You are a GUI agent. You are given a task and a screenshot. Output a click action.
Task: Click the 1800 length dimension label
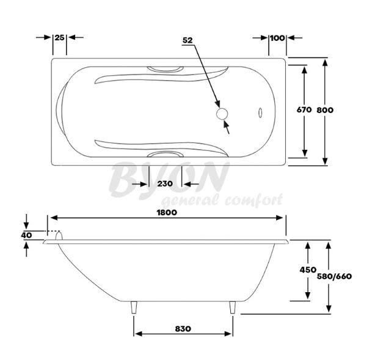pyautogui.click(x=167, y=213)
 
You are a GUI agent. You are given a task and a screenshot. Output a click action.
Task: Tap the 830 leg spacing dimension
pyautogui.click(x=183, y=329)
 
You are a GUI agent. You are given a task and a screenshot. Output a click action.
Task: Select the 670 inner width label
pyautogui.click(x=304, y=109)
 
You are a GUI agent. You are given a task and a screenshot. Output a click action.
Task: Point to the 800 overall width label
pyautogui.click(x=325, y=110)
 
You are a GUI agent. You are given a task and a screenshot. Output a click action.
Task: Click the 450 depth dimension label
pyautogui.click(x=308, y=270)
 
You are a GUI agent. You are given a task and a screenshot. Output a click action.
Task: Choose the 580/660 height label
pyautogui.click(x=334, y=276)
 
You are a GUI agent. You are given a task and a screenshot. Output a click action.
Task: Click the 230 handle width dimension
pyautogui.click(x=165, y=184)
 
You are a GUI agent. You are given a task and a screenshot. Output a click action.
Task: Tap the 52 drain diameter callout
pyautogui.click(x=188, y=40)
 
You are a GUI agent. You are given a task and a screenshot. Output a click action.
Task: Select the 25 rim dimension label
pyautogui.click(x=60, y=37)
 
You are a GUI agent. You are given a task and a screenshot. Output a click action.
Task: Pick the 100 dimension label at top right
pyautogui.click(x=277, y=38)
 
